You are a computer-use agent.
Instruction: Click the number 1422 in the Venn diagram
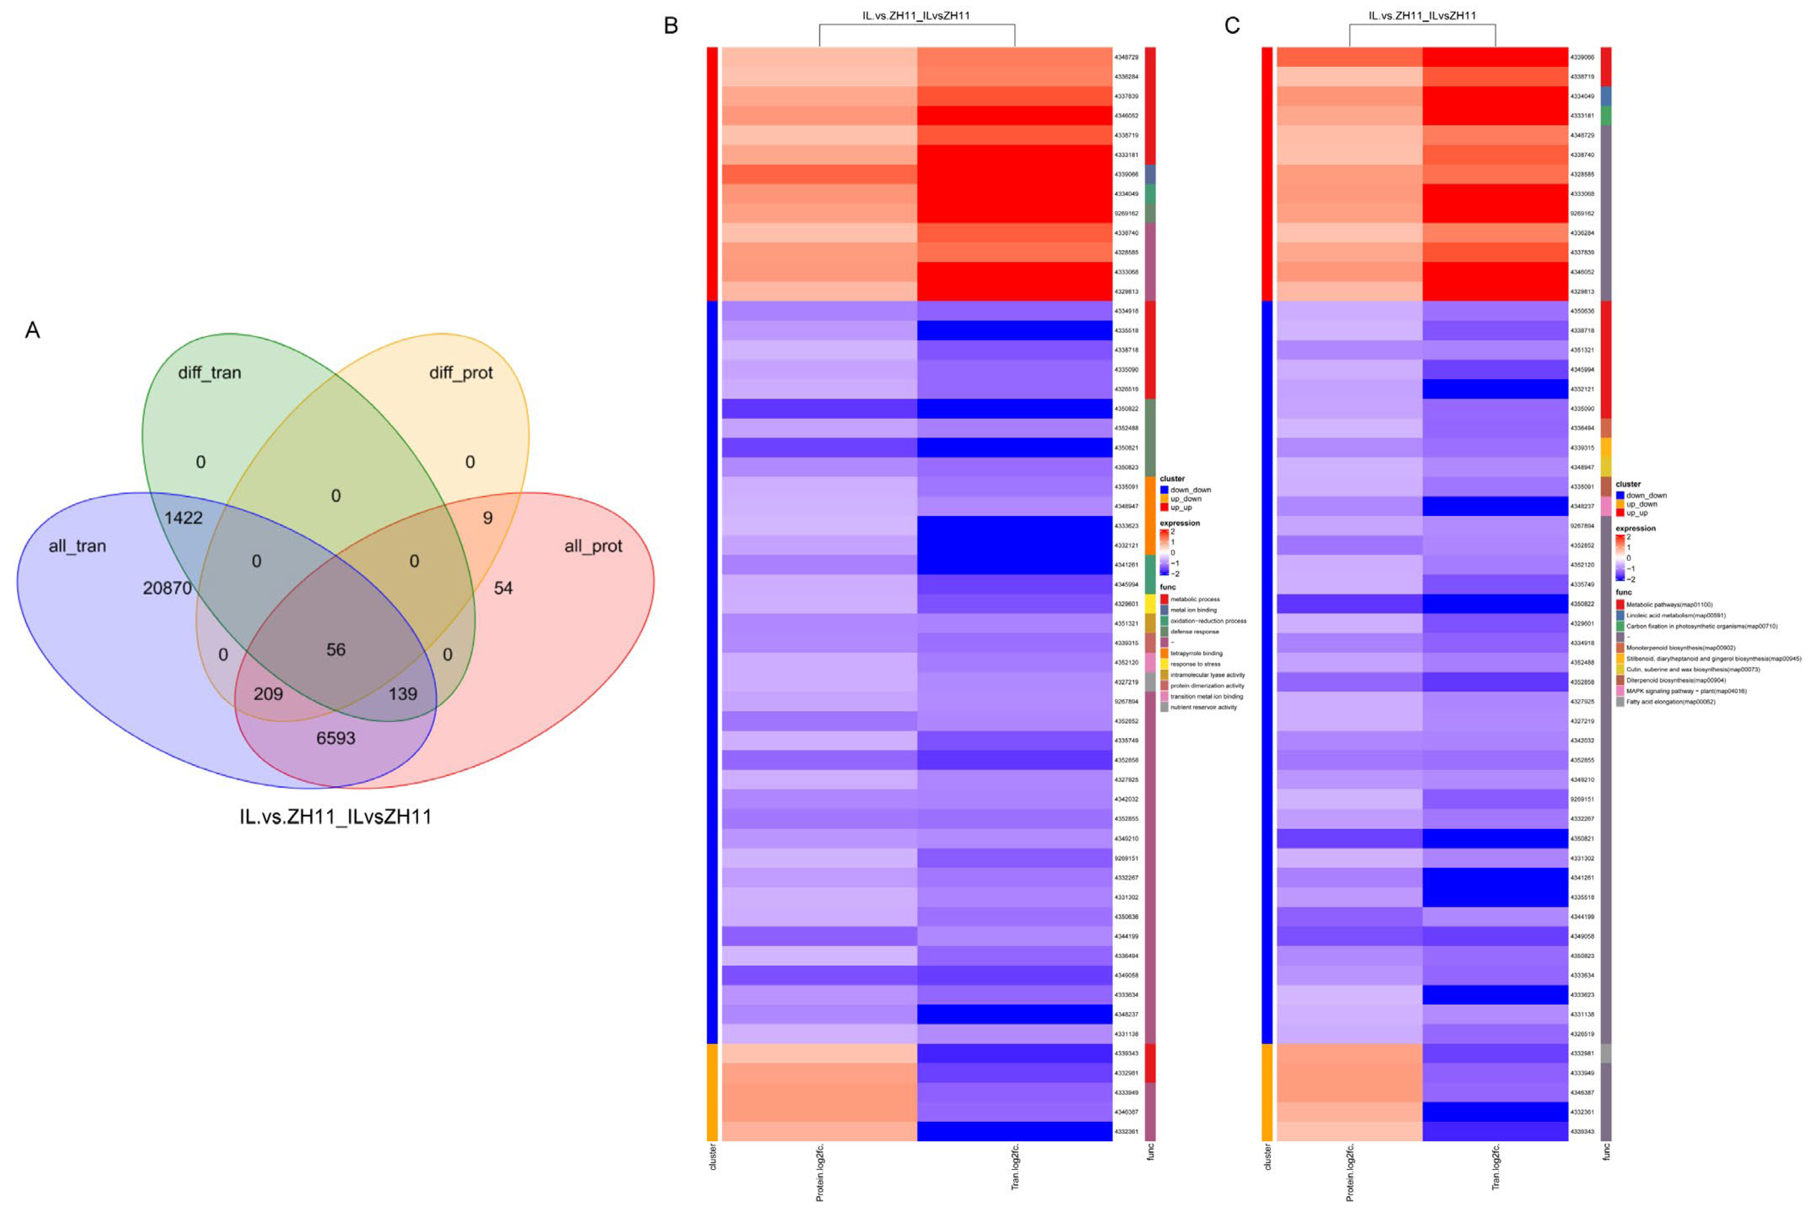pyautogui.click(x=183, y=517)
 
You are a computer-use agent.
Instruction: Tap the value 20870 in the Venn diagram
pyautogui.click(x=167, y=588)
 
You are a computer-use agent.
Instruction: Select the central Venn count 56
pyautogui.click(x=336, y=649)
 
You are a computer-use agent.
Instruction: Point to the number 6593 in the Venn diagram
pyautogui.click(x=336, y=738)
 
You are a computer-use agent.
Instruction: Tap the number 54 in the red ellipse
pyautogui.click(x=503, y=588)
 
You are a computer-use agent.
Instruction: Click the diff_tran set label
pyautogui.click(x=210, y=373)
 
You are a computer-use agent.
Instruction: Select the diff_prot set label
pyautogui.click(x=461, y=373)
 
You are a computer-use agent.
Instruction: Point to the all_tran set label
pyautogui.click(x=77, y=546)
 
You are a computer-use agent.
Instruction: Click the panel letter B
pyautogui.click(x=671, y=25)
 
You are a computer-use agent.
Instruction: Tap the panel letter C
pyautogui.click(x=1232, y=25)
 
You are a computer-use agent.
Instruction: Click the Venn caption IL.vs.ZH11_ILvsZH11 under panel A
pyautogui.click(x=336, y=817)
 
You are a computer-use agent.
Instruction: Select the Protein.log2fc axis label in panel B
pyautogui.click(x=819, y=1172)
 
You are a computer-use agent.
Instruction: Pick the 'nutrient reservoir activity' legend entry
pyautogui.click(x=1203, y=707)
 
